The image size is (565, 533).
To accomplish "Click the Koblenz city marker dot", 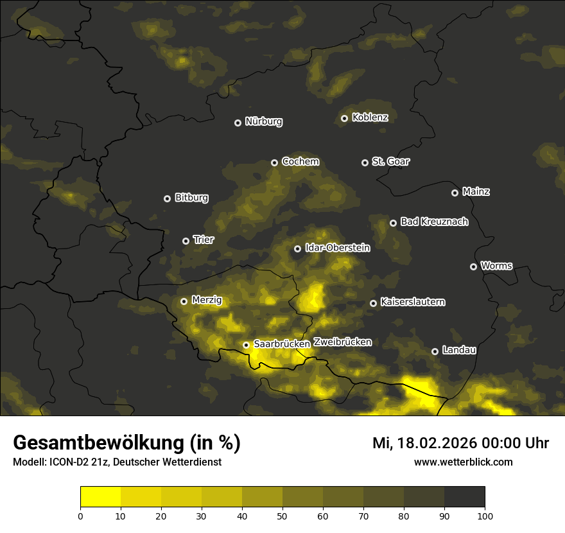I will pyautogui.click(x=344, y=118).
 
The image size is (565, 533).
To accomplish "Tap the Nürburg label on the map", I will pyautogui.click(x=264, y=122).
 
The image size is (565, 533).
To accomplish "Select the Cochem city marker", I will pyautogui.click(x=274, y=162).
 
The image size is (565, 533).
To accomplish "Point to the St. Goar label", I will pyautogui.click(x=390, y=162).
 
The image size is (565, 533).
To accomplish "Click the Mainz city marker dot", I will pyautogui.click(x=455, y=193).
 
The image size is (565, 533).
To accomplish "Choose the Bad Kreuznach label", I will pyautogui.click(x=434, y=222).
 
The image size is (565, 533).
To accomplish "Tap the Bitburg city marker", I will pyautogui.click(x=167, y=198).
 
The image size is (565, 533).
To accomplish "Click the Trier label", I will pyautogui.click(x=204, y=240).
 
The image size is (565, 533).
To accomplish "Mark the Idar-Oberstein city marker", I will pyautogui.click(x=297, y=249).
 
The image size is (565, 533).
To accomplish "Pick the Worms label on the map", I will pyautogui.click(x=496, y=266).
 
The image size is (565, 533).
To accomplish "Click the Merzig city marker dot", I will pyautogui.click(x=184, y=301).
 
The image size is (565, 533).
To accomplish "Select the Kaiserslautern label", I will pyautogui.click(x=413, y=302).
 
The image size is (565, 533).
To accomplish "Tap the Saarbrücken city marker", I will pyautogui.click(x=246, y=345).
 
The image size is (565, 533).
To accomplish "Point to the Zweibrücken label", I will pyautogui.click(x=342, y=342).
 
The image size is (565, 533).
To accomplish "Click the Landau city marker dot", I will pyautogui.click(x=435, y=351).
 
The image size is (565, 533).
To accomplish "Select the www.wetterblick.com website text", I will pyautogui.click(x=464, y=462).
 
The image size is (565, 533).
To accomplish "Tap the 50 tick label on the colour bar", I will pyautogui.click(x=282, y=515).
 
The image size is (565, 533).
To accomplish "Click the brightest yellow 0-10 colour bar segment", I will pyautogui.click(x=100, y=497).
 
